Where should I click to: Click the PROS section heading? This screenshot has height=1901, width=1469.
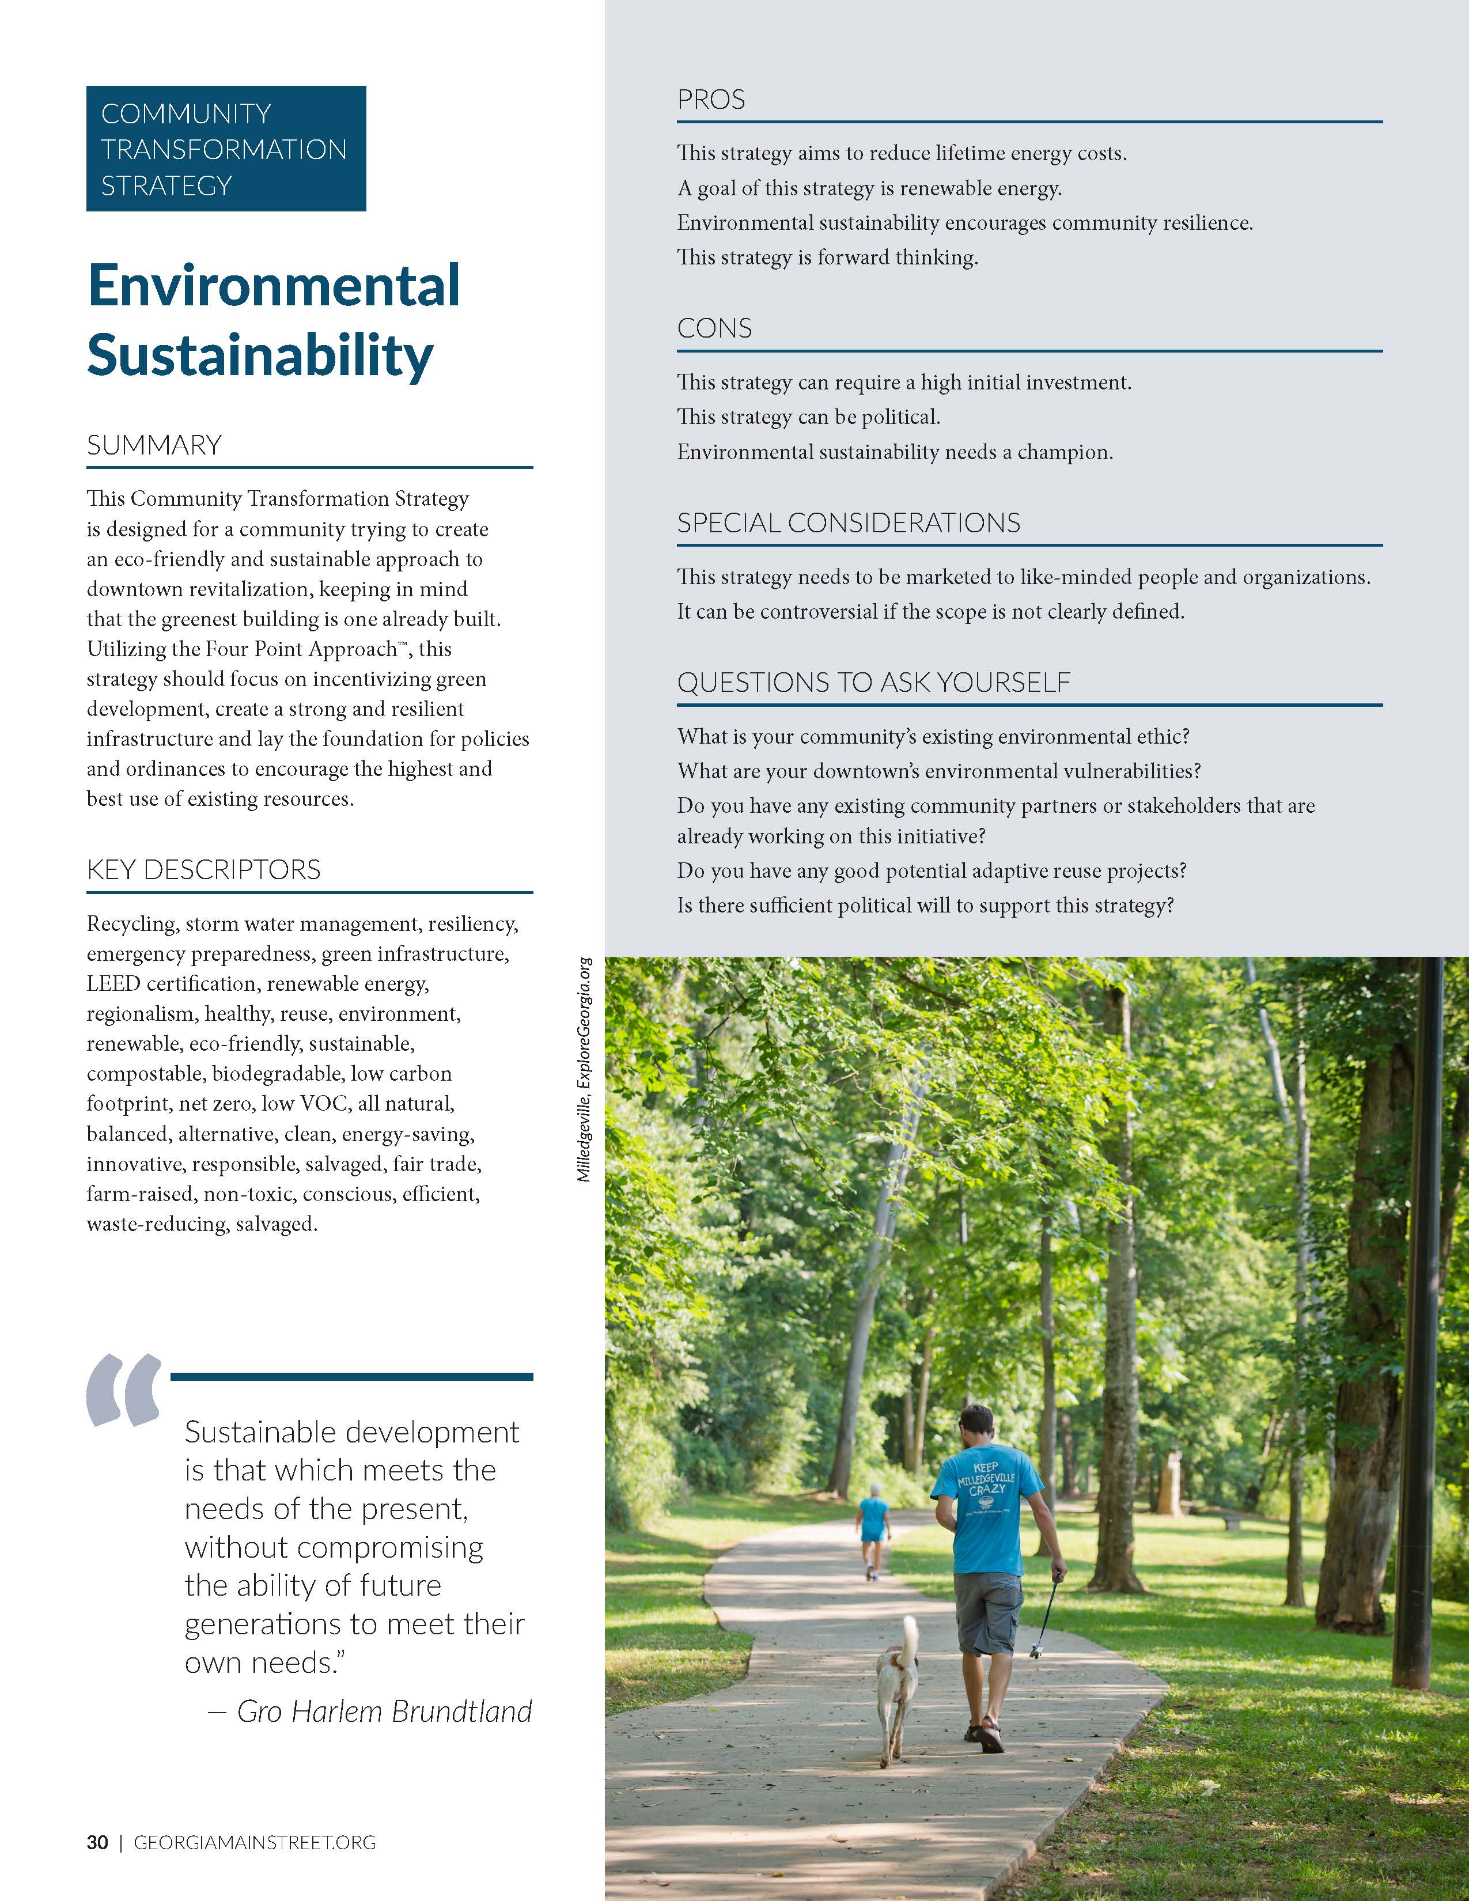(x=711, y=100)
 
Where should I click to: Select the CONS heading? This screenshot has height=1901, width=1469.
(x=714, y=329)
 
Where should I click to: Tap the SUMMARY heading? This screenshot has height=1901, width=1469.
(x=154, y=446)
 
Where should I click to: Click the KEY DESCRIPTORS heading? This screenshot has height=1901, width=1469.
(x=203, y=869)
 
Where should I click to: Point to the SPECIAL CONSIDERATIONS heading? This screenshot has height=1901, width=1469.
(x=849, y=523)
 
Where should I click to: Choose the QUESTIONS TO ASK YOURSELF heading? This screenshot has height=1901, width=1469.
(x=873, y=683)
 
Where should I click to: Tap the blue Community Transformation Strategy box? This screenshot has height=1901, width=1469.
(x=225, y=149)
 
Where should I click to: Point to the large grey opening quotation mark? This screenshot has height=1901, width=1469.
(x=124, y=1391)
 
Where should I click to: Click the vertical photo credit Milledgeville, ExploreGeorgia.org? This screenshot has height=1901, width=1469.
(x=584, y=1069)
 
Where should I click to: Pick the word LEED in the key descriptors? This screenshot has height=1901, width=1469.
(x=113, y=983)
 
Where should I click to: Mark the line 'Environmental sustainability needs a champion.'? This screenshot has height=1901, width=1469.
(x=895, y=453)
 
